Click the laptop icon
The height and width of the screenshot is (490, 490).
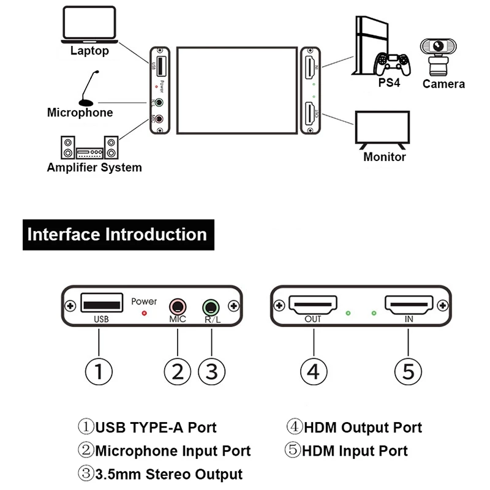(89, 26)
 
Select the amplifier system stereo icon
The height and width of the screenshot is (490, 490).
(89, 148)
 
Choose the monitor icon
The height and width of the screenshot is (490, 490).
(383, 129)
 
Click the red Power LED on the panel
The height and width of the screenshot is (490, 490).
(145, 313)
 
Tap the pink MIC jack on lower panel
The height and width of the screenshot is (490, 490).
(177, 305)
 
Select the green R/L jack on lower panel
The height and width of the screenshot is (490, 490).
(211, 305)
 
